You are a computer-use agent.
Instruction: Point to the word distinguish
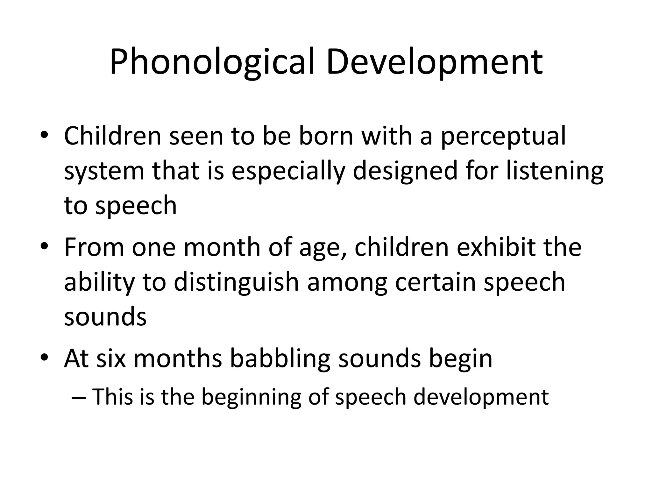tap(236, 283)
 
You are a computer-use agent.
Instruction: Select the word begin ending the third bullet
tap(460, 359)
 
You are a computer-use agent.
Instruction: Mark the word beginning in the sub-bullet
tap(251, 398)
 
